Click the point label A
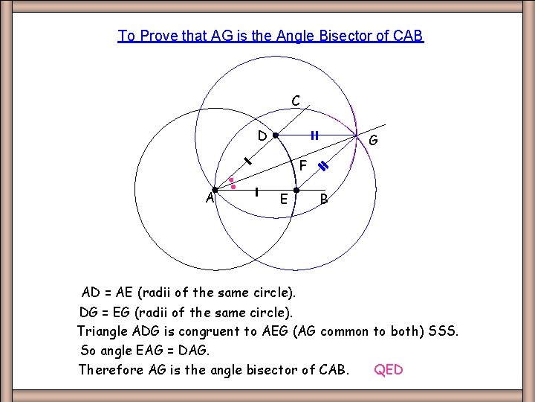(x=210, y=197)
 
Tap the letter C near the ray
(x=296, y=100)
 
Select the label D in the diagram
(x=262, y=135)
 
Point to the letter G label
(x=373, y=141)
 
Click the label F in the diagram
(x=302, y=165)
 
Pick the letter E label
(x=284, y=199)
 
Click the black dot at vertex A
(x=215, y=190)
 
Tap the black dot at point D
(x=275, y=136)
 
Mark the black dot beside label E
(x=296, y=191)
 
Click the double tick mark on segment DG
(x=314, y=135)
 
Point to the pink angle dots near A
(x=233, y=183)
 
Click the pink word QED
(x=388, y=369)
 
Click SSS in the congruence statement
(x=443, y=331)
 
